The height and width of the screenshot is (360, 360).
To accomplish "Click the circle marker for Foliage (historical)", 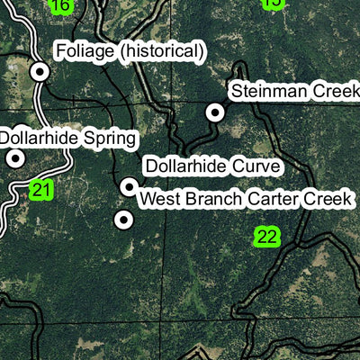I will [40, 71].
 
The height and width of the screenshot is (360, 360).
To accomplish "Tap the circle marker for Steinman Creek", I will [215, 112].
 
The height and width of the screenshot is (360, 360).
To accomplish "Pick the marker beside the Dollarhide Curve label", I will [130, 186].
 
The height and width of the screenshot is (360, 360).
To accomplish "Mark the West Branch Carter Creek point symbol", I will [124, 219].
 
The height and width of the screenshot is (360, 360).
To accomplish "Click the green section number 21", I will [41, 190].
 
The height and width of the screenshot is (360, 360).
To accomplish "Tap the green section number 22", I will [267, 237].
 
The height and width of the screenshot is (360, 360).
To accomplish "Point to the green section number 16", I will [60, 6].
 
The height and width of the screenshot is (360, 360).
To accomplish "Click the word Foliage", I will [85, 52].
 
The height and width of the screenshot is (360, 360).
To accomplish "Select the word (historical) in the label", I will [160, 52].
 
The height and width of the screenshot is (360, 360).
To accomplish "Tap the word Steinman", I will [265, 92].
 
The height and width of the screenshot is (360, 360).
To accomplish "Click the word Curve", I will [256, 166].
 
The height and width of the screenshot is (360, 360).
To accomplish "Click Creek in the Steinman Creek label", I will [328, 92].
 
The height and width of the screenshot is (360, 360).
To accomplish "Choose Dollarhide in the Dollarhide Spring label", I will [41, 139].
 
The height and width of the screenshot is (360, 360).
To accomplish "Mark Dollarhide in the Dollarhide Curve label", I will [186, 166].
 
